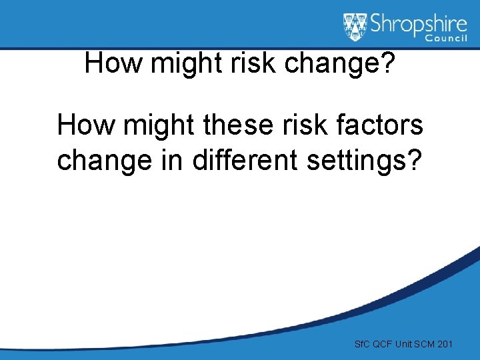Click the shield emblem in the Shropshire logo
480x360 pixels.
(355, 27)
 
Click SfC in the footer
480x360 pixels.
(362, 344)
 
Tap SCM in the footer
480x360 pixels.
(428, 344)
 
